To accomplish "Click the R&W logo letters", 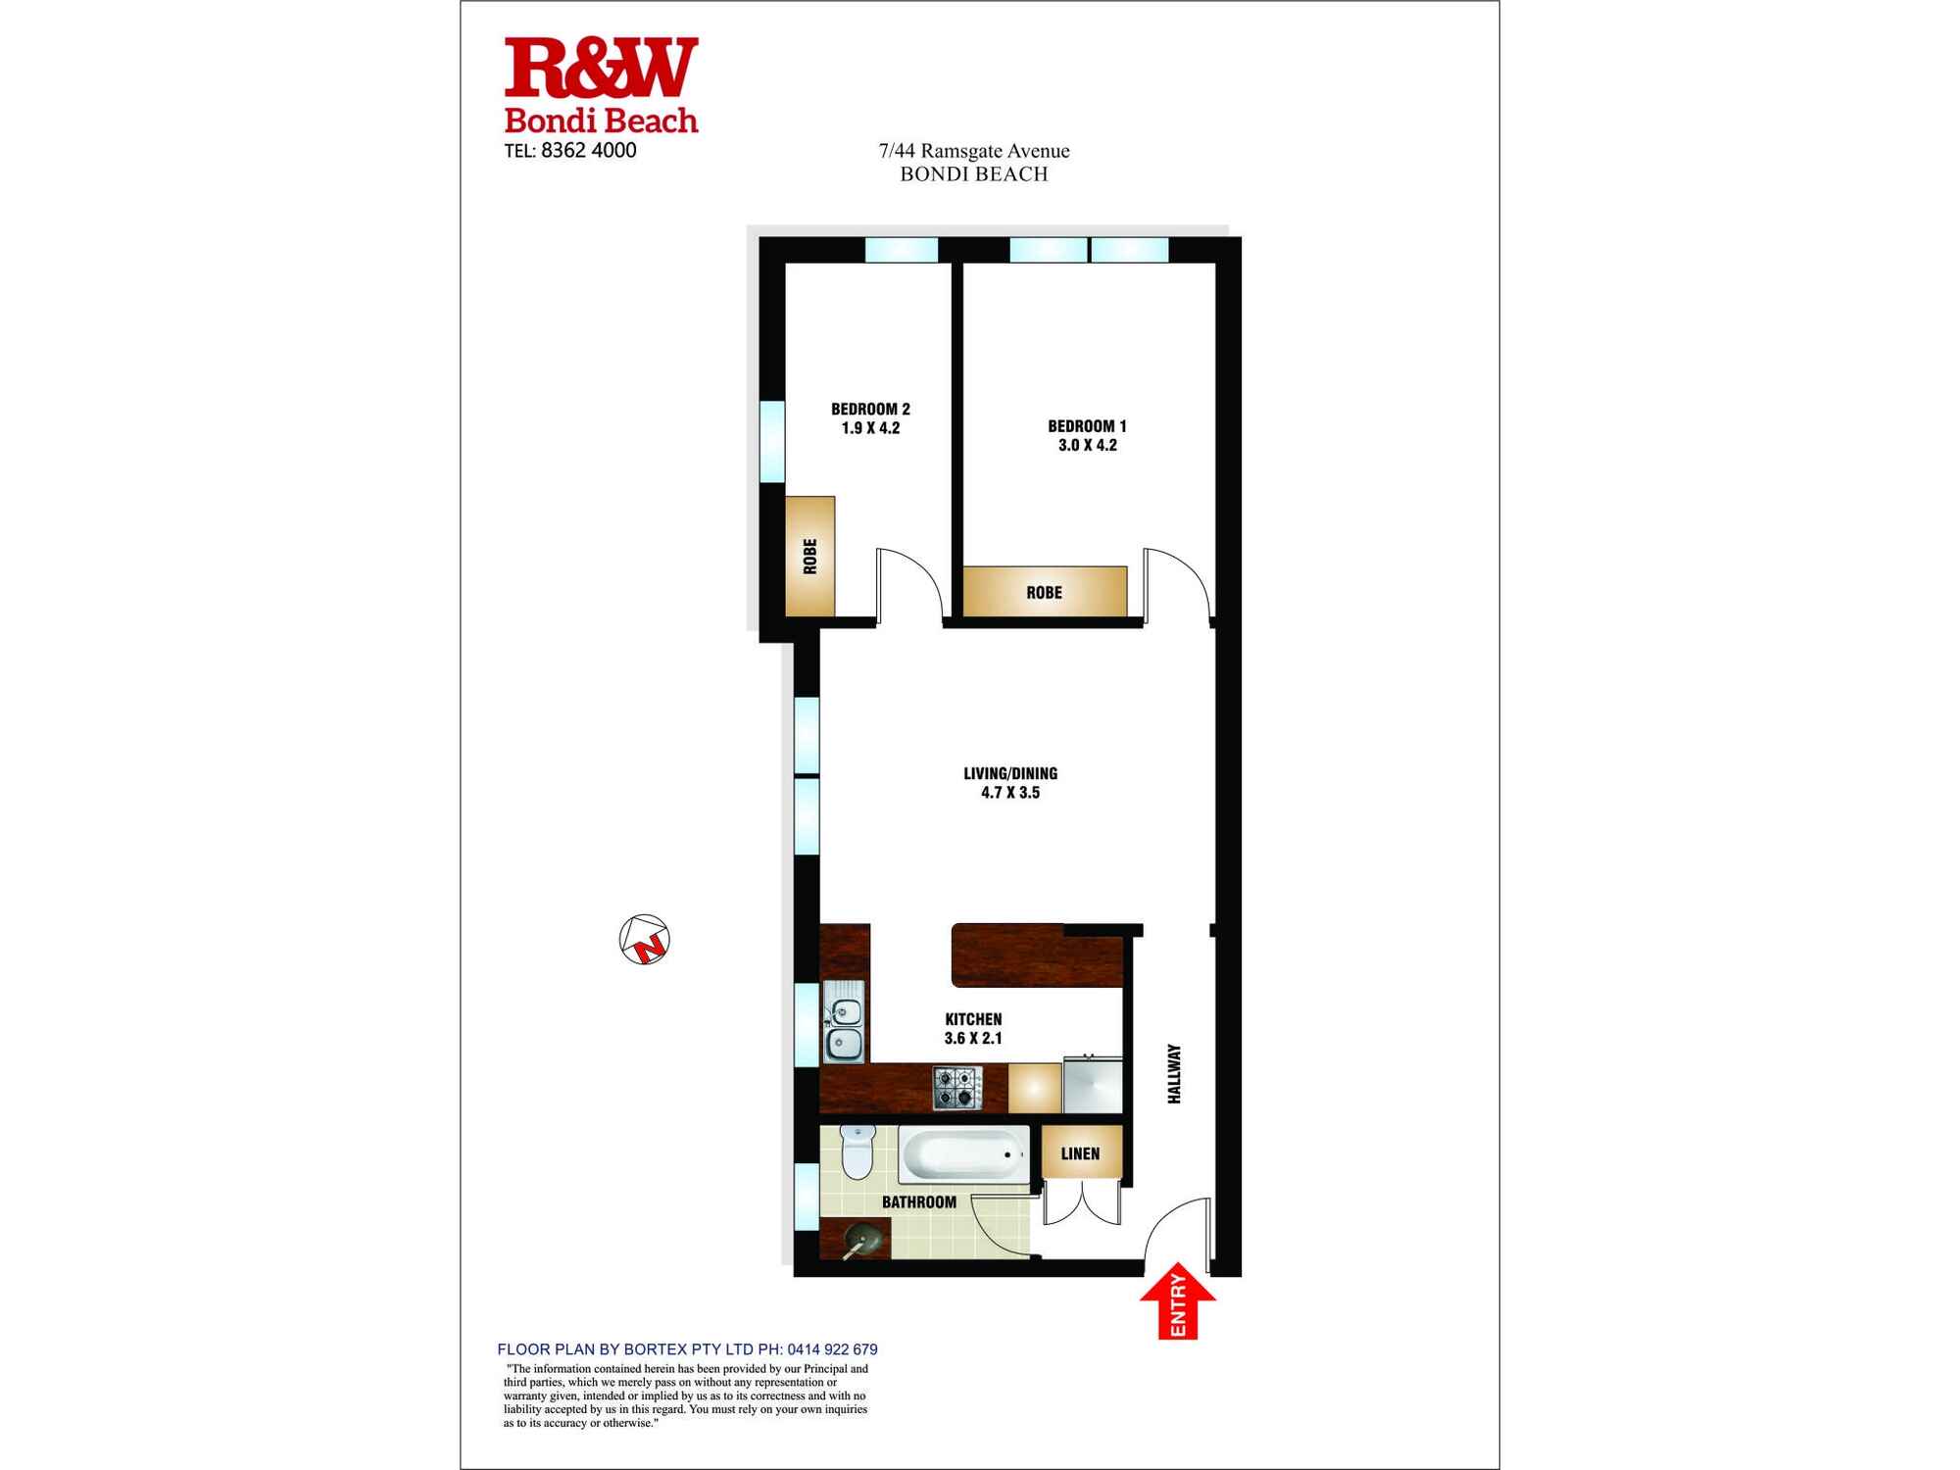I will click(601, 69).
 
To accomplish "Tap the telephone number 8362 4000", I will click(588, 150).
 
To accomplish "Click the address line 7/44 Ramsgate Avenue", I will click(973, 151).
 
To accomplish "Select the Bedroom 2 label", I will click(870, 409).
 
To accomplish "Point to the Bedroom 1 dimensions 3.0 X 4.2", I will click(1087, 445).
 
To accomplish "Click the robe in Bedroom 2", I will click(810, 557).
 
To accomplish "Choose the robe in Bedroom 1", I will click(1045, 592).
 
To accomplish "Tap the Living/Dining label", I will click(1010, 773).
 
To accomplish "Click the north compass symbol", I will click(645, 939).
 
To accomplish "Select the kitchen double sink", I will click(845, 1022).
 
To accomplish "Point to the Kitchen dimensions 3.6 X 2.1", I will click(973, 1038).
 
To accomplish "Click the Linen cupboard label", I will click(1080, 1153).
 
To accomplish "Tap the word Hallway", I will click(1174, 1074).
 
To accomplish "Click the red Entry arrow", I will click(1178, 1303).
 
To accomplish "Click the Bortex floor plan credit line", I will click(687, 1349).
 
